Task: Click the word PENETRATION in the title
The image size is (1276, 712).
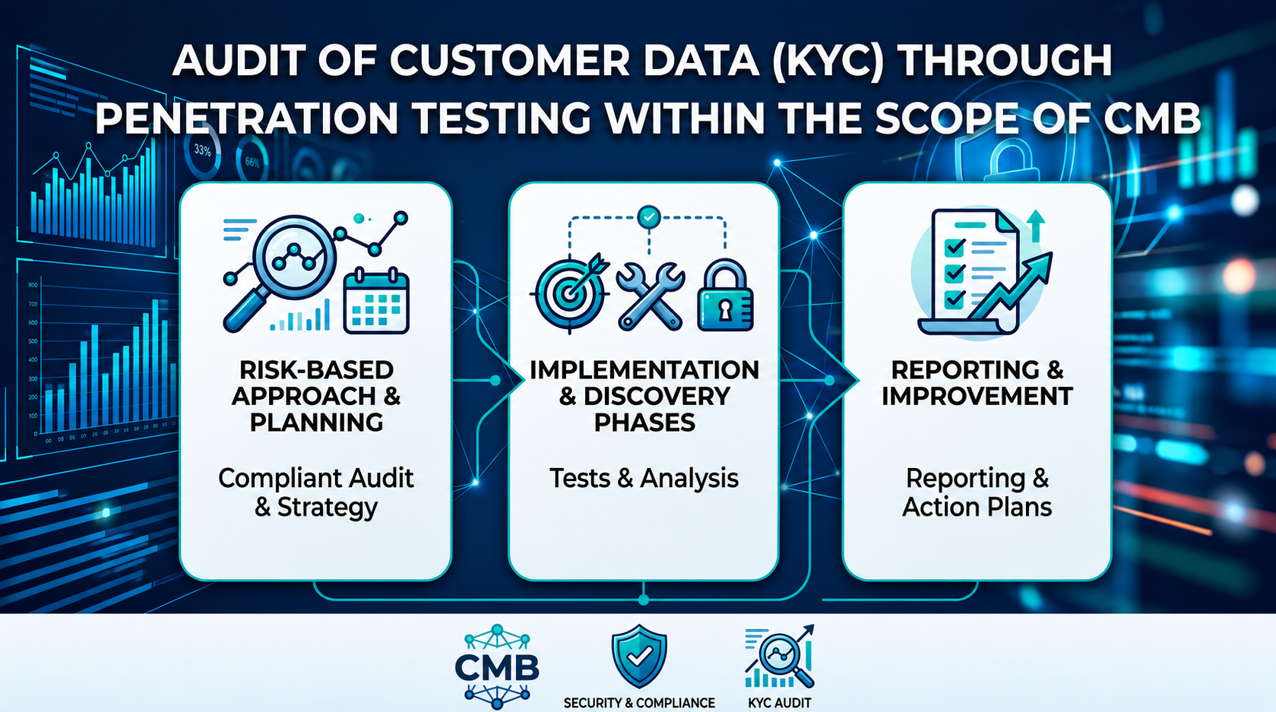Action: [x=247, y=119]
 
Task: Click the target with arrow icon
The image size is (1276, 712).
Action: [x=570, y=293]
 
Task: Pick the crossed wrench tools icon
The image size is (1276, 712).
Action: [x=650, y=295]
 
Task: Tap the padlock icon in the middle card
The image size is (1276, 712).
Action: [x=725, y=295]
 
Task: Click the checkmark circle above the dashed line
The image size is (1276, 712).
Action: [x=649, y=217]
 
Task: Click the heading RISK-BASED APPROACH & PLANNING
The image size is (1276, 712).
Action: [x=316, y=396]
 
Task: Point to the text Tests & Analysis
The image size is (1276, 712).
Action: [x=644, y=478]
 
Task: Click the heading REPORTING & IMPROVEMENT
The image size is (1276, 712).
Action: [x=977, y=383]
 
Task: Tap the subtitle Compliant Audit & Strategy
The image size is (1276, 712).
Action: [x=316, y=492]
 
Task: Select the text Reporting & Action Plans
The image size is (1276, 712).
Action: [x=977, y=492]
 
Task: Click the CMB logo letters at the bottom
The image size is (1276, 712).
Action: [x=497, y=666]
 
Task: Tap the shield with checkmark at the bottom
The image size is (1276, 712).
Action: [x=639, y=657]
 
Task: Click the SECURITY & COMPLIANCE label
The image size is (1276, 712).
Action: [x=639, y=703]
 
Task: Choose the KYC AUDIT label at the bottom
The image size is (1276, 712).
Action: [x=779, y=703]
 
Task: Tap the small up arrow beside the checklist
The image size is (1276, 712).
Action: [x=1036, y=226]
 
